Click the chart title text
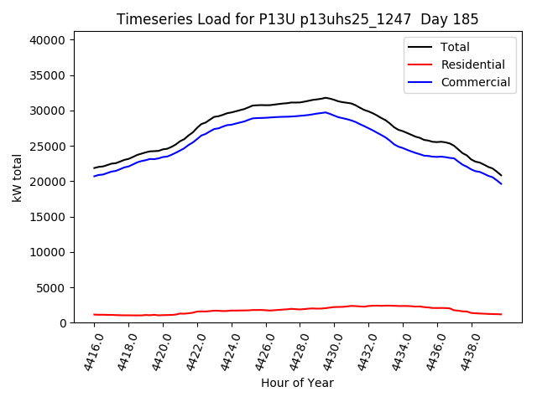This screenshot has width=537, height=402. point(298,19)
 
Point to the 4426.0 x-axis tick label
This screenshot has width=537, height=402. point(261,351)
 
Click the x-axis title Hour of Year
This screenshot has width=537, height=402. point(297,383)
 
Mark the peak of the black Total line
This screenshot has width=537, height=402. point(326,98)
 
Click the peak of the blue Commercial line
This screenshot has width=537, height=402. point(326,112)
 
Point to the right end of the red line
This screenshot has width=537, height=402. point(501,314)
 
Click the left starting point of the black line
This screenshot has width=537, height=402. point(94,167)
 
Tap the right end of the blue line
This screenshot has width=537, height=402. point(501,183)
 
